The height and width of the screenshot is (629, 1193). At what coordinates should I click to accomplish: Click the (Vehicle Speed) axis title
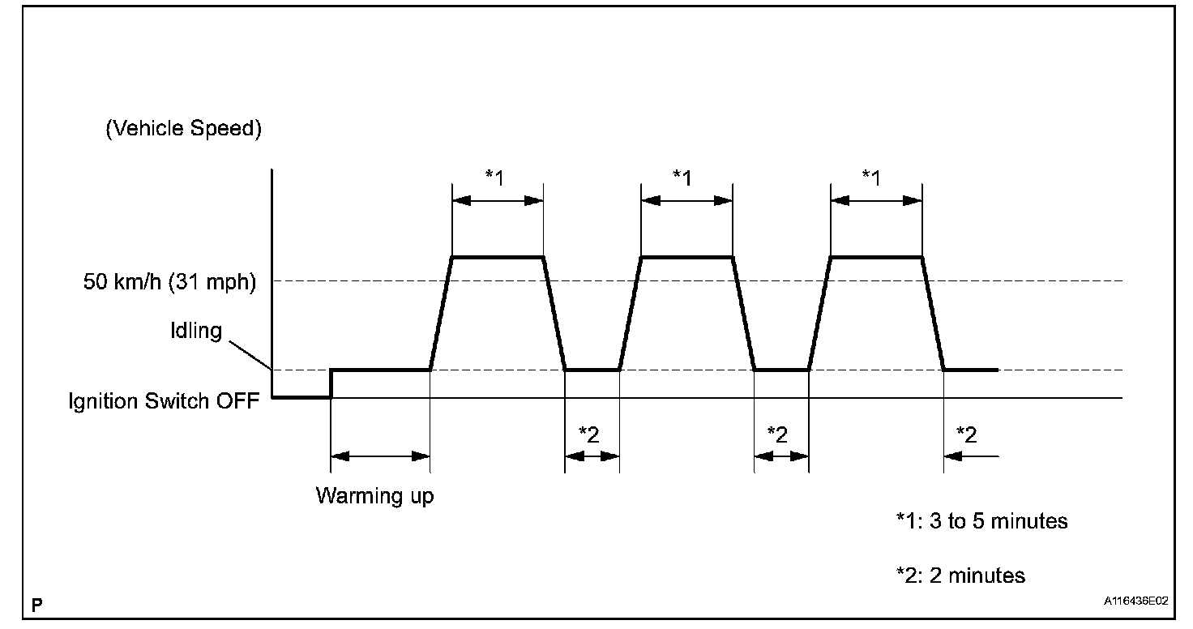tap(184, 131)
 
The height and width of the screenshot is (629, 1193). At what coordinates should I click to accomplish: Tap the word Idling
tap(195, 332)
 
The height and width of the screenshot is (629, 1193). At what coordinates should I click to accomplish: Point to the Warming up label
tap(374, 495)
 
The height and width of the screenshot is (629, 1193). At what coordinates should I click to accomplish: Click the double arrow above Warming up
tap(380, 456)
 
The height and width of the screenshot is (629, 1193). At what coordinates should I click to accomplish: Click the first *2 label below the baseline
tap(591, 434)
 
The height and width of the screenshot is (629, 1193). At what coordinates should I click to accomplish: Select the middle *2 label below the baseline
tap(780, 434)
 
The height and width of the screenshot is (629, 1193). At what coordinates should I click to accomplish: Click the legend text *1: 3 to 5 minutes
tap(981, 521)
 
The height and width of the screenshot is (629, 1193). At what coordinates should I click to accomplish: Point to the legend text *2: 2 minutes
tap(960, 576)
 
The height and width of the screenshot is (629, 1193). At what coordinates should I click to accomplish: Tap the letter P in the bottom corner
tap(36, 605)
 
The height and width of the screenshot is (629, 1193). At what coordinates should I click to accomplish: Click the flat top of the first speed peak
tap(498, 257)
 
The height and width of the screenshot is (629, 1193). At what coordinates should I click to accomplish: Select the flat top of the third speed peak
tap(876, 257)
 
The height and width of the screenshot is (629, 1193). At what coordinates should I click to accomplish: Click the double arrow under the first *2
tap(592, 456)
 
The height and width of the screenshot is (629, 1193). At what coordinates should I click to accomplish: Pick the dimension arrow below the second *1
tap(686, 200)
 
